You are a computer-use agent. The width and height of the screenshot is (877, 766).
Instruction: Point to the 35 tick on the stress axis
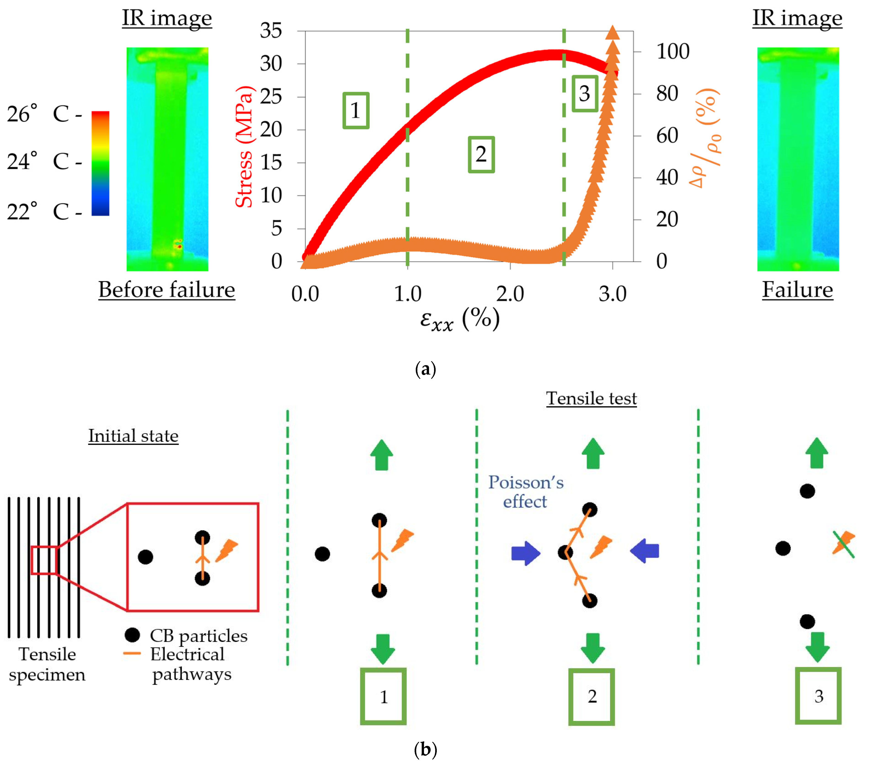[271, 31]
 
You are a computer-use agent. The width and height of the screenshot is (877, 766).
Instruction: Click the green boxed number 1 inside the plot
[355, 111]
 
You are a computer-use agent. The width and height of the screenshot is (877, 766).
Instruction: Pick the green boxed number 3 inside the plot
[584, 94]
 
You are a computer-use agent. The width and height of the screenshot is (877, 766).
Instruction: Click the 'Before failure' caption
[167, 290]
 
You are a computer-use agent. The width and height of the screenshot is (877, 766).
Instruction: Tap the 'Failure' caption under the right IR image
[797, 290]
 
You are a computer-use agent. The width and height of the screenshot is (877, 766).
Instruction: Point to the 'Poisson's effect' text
[525, 492]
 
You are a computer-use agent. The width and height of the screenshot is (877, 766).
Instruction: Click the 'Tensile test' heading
[591, 398]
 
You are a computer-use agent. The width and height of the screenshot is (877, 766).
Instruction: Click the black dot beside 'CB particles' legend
[132, 635]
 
